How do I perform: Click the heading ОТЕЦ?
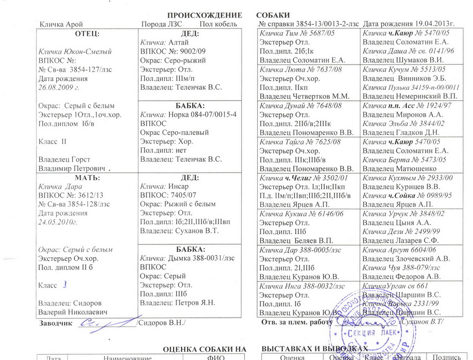(x=87, y=34)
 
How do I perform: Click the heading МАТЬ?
(x=87, y=178)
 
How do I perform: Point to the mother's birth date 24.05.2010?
(x=58, y=223)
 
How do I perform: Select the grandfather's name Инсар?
(x=179, y=186)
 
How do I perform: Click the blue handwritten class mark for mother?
(x=65, y=284)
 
